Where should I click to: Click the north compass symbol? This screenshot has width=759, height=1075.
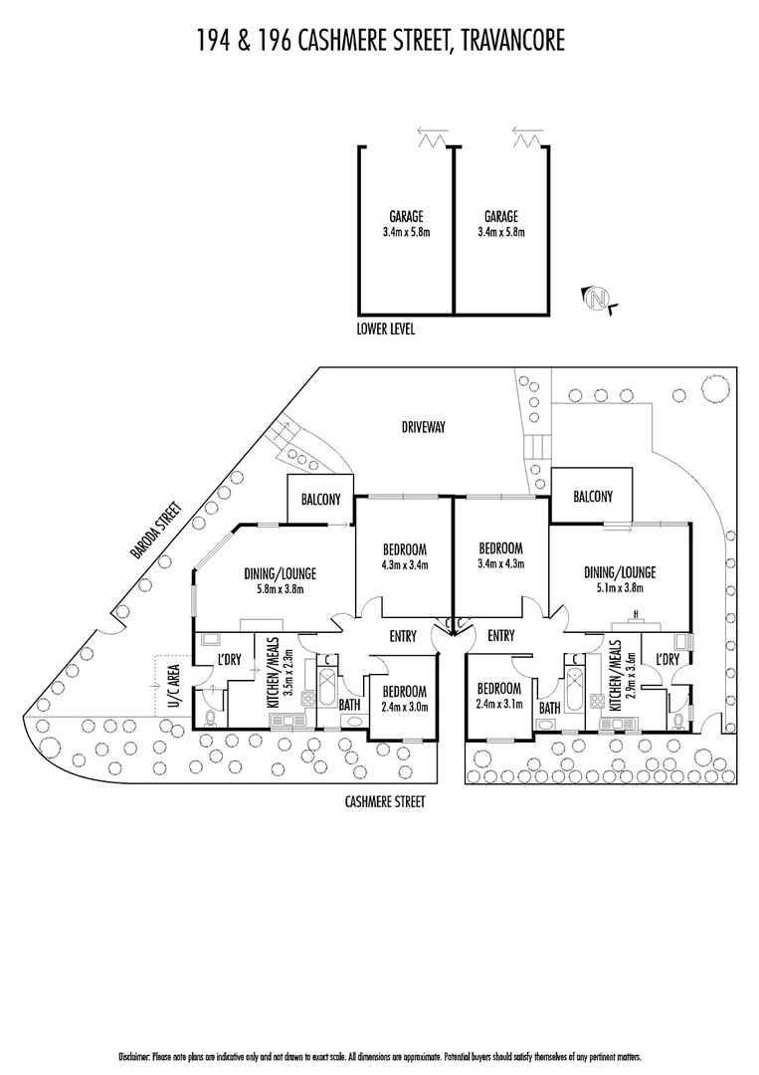[597, 299]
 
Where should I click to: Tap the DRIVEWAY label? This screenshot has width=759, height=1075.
[424, 427]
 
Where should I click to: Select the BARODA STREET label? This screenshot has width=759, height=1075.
[158, 531]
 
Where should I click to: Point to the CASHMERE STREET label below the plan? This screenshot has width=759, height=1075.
[385, 801]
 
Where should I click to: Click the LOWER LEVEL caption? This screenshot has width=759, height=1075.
[386, 329]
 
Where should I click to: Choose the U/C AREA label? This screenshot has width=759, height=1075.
[173, 686]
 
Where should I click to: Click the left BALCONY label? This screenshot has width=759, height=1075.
[320, 499]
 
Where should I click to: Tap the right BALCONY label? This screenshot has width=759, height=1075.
[593, 496]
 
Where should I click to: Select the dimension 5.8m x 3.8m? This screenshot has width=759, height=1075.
[281, 588]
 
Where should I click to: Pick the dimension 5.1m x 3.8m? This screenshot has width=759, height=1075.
[620, 587]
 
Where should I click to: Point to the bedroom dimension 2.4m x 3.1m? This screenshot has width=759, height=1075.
[499, 704]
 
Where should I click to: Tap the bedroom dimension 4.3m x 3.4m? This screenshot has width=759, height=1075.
[405, 565]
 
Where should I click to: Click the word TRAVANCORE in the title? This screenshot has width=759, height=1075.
[513, 41]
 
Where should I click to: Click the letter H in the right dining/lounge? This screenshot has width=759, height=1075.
[636, 613]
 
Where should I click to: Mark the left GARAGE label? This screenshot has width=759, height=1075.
[406, 217]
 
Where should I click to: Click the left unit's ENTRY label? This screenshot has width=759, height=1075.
[403, 636]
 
